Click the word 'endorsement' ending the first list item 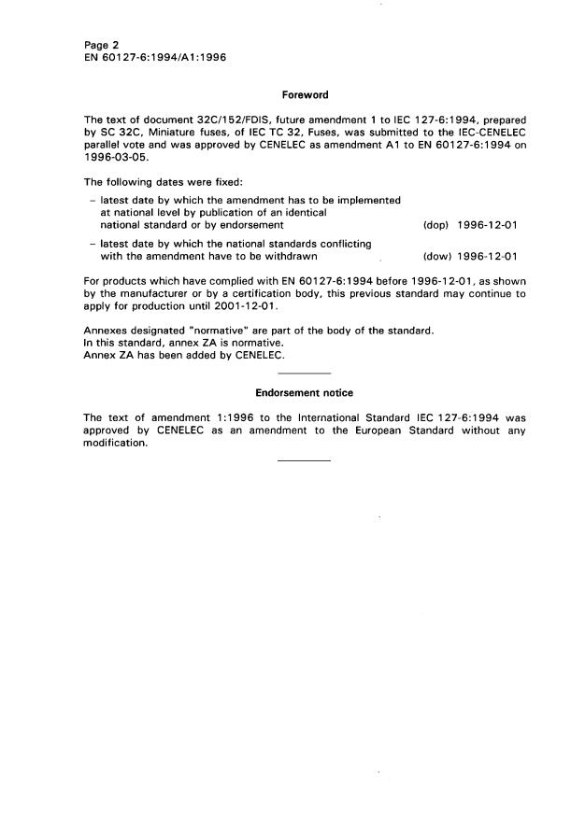(x=247, y=225)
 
